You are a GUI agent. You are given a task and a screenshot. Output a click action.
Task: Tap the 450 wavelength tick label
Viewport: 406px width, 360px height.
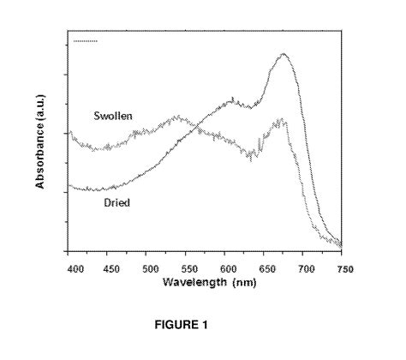pyautogui.click(x=110, y=268)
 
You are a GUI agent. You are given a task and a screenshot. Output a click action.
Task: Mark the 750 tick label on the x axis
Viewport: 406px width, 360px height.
pyautogui.click(x=342, y=268)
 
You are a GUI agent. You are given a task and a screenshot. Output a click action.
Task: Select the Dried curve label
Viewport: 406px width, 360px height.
pyautogui.click(x=116, y=203)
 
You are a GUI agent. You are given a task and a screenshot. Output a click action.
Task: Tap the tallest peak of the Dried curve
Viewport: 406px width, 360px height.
pyautogui.click(x=284, y=55)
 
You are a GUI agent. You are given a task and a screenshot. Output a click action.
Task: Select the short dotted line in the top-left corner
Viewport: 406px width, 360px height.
pyautogui.click(x=86, y=40)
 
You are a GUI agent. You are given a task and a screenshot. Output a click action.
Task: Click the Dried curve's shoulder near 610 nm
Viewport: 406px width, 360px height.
pyautogui.click(x=233, y=100)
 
